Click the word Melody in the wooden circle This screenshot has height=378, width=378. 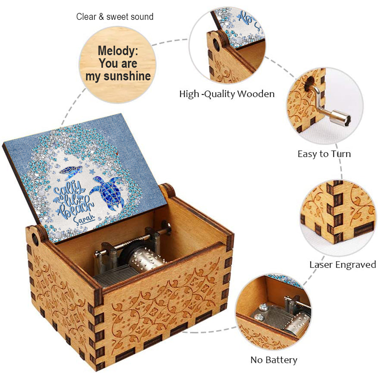point(118,51)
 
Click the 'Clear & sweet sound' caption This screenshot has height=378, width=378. point(115,17)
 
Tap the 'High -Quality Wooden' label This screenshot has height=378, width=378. point(227,94)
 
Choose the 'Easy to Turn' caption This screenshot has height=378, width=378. point(324,154)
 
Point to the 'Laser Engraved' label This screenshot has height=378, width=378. point(343,264)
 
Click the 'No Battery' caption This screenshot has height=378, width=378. point(274,360)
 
